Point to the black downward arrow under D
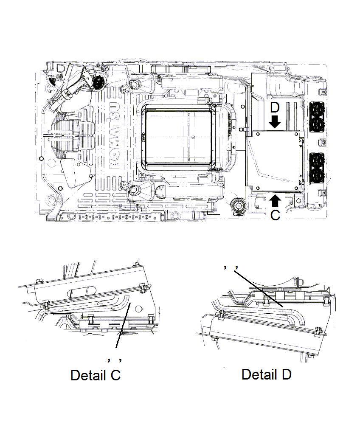click(275, 122)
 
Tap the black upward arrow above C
click(275, 200)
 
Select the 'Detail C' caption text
click(96, 375)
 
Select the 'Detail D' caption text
click(266, 374)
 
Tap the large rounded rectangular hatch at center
click(178, 136)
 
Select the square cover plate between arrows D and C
click(274, 160)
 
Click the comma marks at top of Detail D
click(230, 267)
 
